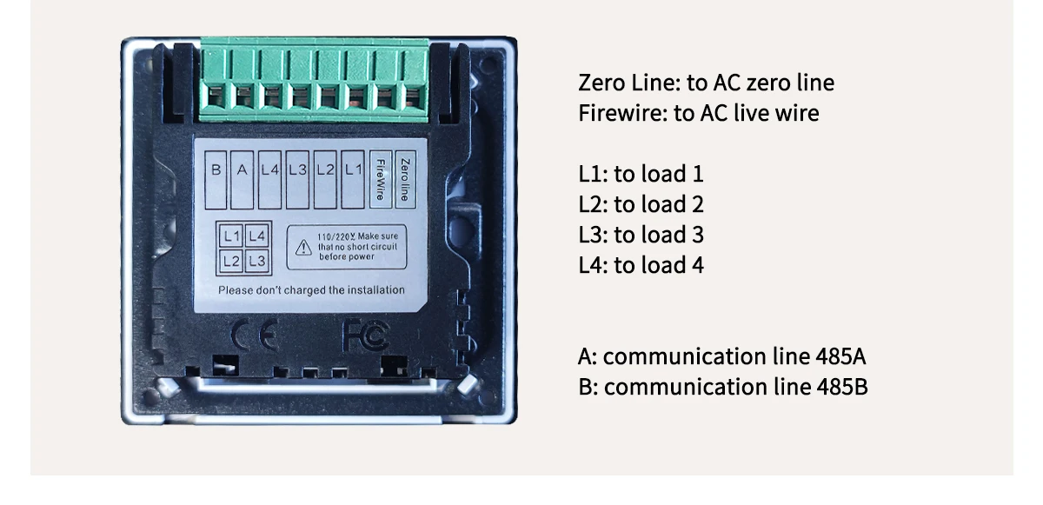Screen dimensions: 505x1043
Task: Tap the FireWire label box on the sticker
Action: coord(379,179)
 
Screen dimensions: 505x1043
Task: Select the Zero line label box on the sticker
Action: coord(402,179)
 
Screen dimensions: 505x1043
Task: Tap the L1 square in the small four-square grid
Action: coord(231,236)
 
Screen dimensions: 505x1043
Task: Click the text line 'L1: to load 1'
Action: coord(641,174)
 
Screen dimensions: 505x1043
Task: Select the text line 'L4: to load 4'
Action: coord(641,265)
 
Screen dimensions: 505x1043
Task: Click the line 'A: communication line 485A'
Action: coord(721,356)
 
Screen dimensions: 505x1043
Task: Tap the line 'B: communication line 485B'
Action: coord(722,387)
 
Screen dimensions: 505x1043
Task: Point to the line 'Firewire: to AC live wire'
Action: coord(698,113)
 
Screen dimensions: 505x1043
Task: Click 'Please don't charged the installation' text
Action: coord(311,290)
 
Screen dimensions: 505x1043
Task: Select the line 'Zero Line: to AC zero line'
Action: coord(706,83)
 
